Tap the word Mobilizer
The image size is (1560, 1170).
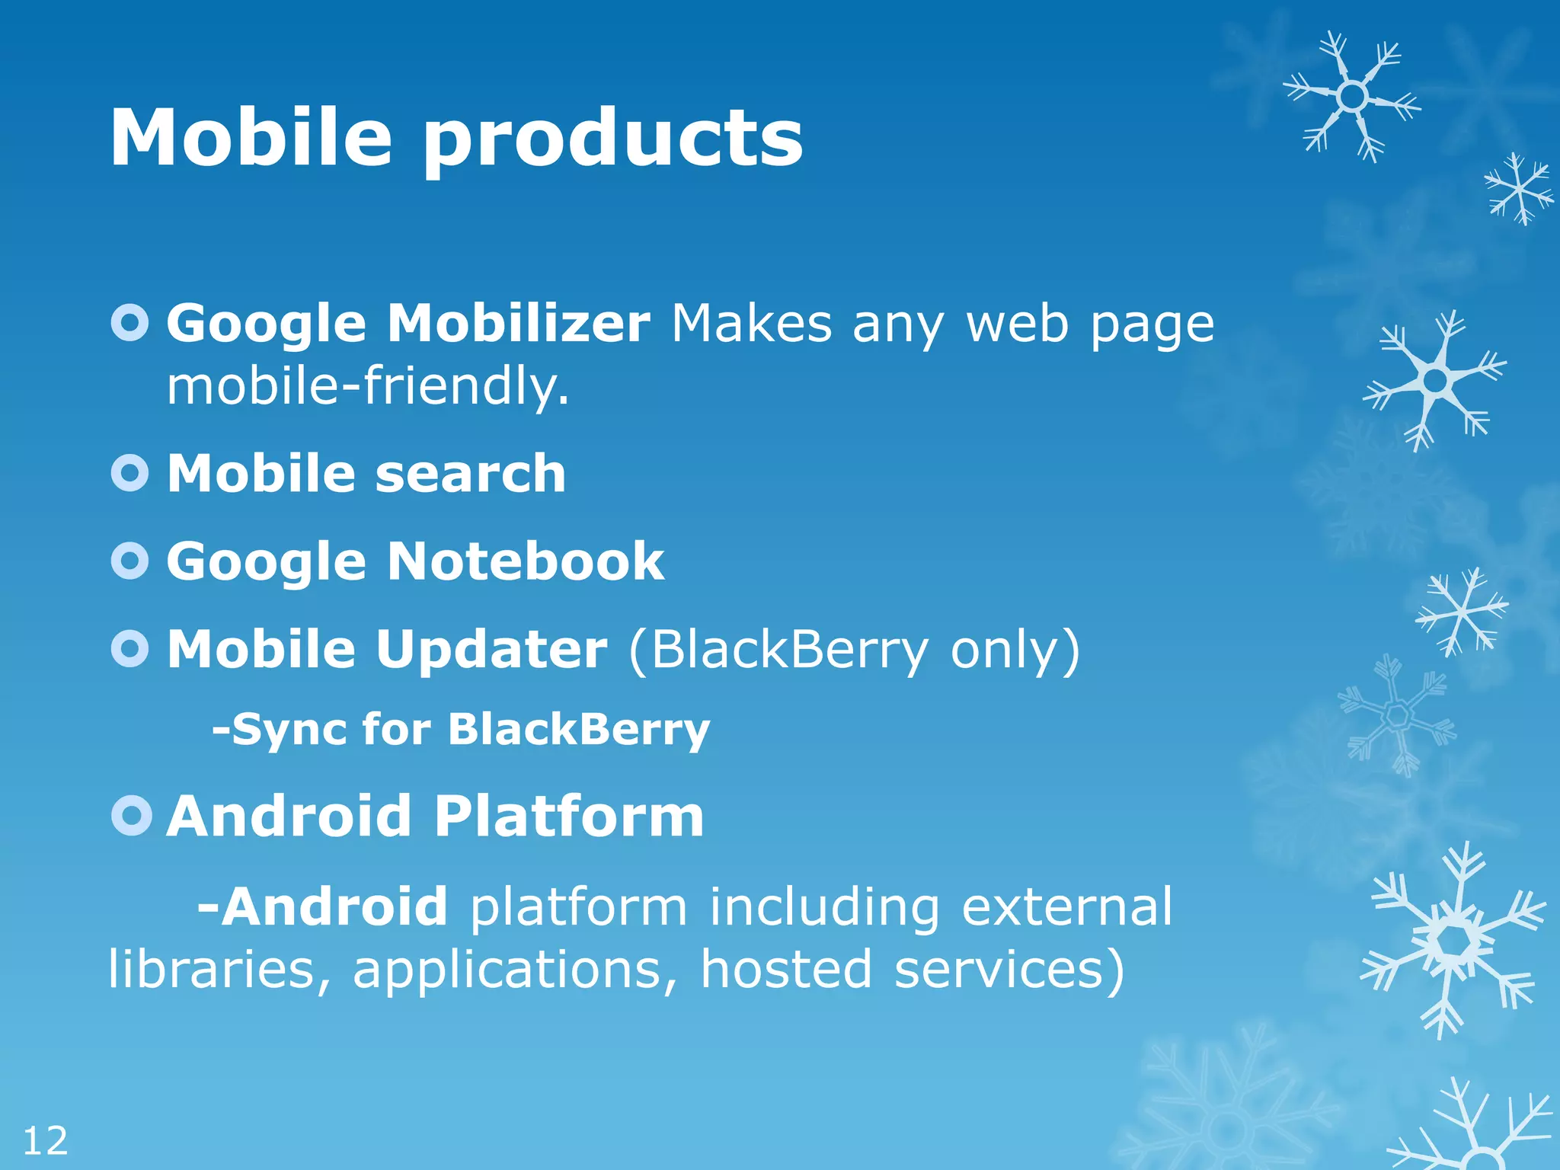pyautogui.click(x=519, y=324)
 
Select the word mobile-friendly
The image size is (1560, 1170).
pyautogui.click(x=367, y=385)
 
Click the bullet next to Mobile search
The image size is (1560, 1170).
pyautogui.click(x=130, y=473)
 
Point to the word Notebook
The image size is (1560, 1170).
pyautogui.click(x=526, y=561)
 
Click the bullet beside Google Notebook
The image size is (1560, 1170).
pyautogui.click(x=130, y=561)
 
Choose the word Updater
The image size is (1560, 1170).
pyautogui.click(x=491, y=649)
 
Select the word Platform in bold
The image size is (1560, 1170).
pyautogui.click(x=569, y=816)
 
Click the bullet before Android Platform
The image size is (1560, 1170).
pyautogui.click(x=131, y=816)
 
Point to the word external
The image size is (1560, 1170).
pyautogui.click(x=1066, y=906)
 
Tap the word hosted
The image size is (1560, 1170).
pyautogui.click(x=785, y=969)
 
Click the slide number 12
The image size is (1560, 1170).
pyautogui.click(x=45, y=1141)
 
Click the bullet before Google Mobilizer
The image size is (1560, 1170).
pyautogui.click(x=130, y=324)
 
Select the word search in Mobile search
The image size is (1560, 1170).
pyautogui.click(x=470, y=473)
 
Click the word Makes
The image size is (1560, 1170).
pyautogui.click(x=751, y=324)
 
